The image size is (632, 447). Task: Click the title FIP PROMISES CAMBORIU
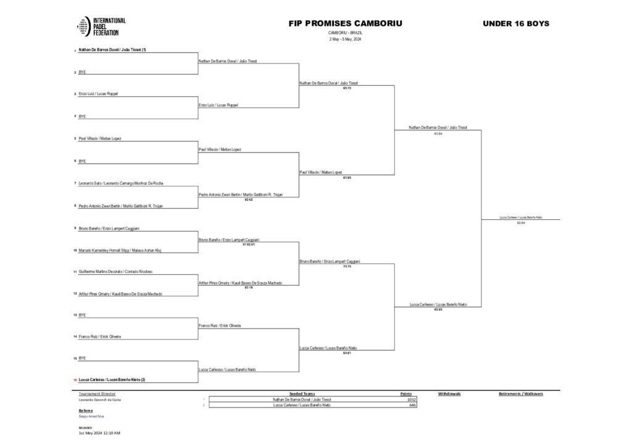tap(345, 23)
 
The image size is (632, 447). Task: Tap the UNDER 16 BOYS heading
tap(515, 23)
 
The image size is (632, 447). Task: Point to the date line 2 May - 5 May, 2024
tap(345, 39)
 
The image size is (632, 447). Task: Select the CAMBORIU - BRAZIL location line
tap(345, 32)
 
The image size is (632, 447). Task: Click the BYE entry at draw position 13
tap(82, 314)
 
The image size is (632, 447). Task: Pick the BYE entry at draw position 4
tap(82, 115)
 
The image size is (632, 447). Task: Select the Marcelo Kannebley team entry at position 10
tap(120, 250)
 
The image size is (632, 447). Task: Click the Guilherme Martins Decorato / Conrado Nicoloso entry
tap(115, 272)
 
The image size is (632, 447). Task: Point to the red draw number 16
tap(75, 380)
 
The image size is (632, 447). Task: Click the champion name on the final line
tap(521, 217)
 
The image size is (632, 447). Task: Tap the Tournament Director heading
tap(97, 393)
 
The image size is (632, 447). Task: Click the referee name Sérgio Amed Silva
tap(91, 417)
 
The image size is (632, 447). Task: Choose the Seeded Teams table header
tap(302, 393)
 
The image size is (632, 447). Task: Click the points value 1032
tap(412, 399)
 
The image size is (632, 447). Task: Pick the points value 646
tap(413, 406)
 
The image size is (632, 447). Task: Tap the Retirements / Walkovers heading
tap(520, 393)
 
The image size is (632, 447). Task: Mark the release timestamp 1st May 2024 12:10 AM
tap(99, 433)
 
